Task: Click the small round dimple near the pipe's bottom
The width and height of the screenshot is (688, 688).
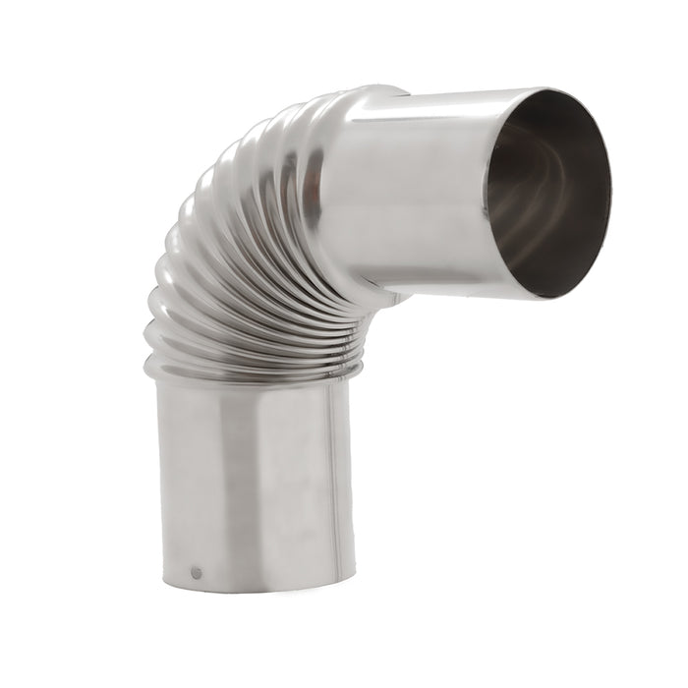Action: pyautogui.click(x=197, y=571)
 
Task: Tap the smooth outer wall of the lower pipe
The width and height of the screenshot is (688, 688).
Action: pyautogui.click(x=285, y=482)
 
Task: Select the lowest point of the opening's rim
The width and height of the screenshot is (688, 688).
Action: pyautogui.click(x=541, y=298)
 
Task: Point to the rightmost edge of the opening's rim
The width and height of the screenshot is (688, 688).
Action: pyautogui.click(x=610, y=187)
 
